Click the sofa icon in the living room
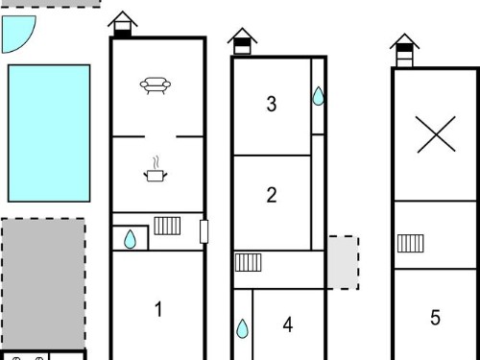(x=156, y=85)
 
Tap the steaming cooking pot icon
(x=156, y=170)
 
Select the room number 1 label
(x=158, y=309)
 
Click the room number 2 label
(x=272, y=195)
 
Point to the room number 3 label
(x=272, y=104)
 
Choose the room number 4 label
(x=288, y=324)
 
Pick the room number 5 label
(x=435, y=318)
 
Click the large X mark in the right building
(x=436, y=134)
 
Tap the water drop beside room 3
(x=318, y=96)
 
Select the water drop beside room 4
(x=242, y=328)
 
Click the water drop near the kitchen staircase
(x=130, y=239)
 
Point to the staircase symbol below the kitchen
(x=167, y=226)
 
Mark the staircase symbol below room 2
(x=249, y=262)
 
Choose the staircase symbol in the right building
(x=411, y=243)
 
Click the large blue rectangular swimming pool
(x=49, y=133)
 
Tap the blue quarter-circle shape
(x=16, y=32)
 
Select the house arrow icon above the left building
(x=123, y=25)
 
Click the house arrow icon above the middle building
(x=242, y=41)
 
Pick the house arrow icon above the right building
(x=404, y=50)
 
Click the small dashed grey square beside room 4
(x=343, y=263)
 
